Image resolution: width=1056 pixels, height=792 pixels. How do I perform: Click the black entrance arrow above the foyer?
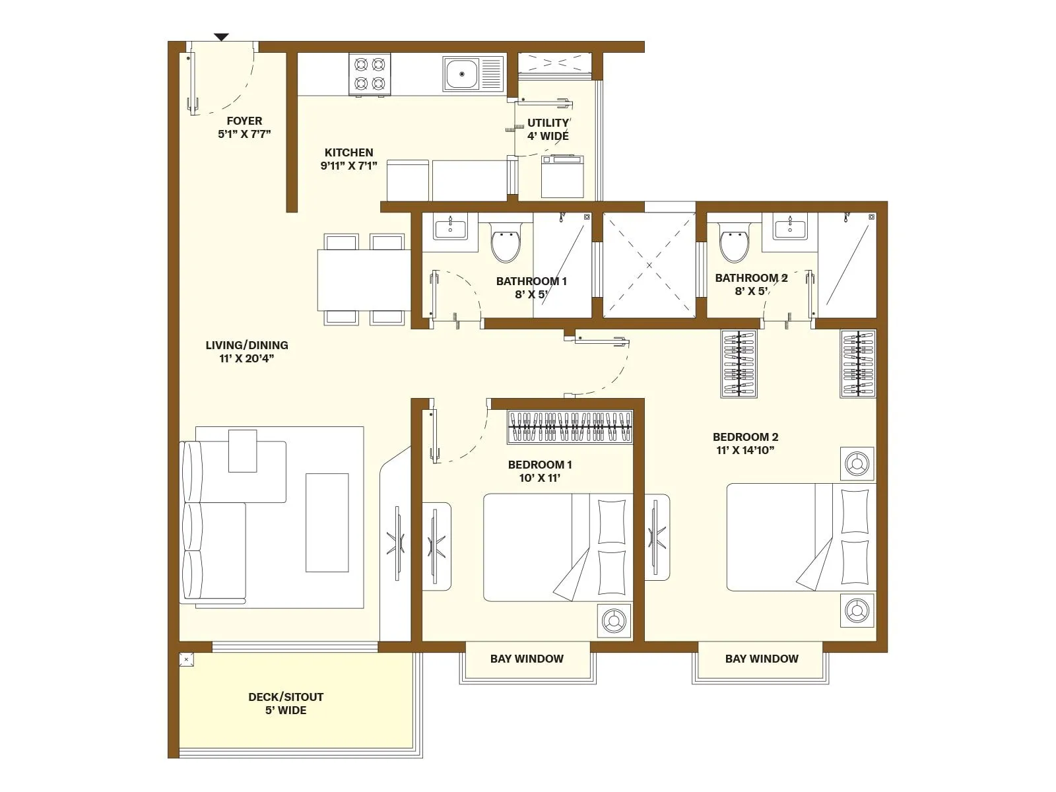coord(221,37)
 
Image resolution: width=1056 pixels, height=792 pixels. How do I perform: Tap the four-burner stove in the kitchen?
coord(370,74)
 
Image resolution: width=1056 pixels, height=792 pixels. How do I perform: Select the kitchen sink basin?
coord(461,73)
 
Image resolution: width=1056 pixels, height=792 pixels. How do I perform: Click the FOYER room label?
coord(244,121)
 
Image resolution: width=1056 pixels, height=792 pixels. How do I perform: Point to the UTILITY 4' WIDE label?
coord(548,129)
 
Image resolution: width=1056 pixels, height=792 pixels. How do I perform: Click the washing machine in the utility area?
coord(562,176)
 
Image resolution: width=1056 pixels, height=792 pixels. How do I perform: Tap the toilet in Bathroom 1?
coord(506,242)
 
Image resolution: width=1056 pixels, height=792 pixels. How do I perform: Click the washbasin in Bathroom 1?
coord(450,228)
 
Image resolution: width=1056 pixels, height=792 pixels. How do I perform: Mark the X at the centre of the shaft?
coord(649,265)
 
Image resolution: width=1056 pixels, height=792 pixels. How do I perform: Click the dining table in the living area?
coord(364,280)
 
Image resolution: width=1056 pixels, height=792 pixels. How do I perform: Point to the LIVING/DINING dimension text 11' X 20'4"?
coord(246,359)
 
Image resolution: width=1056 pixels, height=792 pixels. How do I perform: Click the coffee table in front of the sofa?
coord(327,523)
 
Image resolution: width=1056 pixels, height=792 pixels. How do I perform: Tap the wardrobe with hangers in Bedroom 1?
coord(570,427)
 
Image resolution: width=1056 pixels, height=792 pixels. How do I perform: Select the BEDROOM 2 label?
coord(745,437)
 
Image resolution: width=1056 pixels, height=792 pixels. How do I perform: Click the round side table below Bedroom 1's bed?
coord(614,621)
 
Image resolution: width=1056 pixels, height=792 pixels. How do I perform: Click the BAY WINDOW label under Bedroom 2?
coord(761,659)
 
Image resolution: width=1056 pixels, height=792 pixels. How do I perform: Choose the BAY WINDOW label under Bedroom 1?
coord(527,659)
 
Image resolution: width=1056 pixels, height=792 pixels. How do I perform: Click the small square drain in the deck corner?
coord(187,659)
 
